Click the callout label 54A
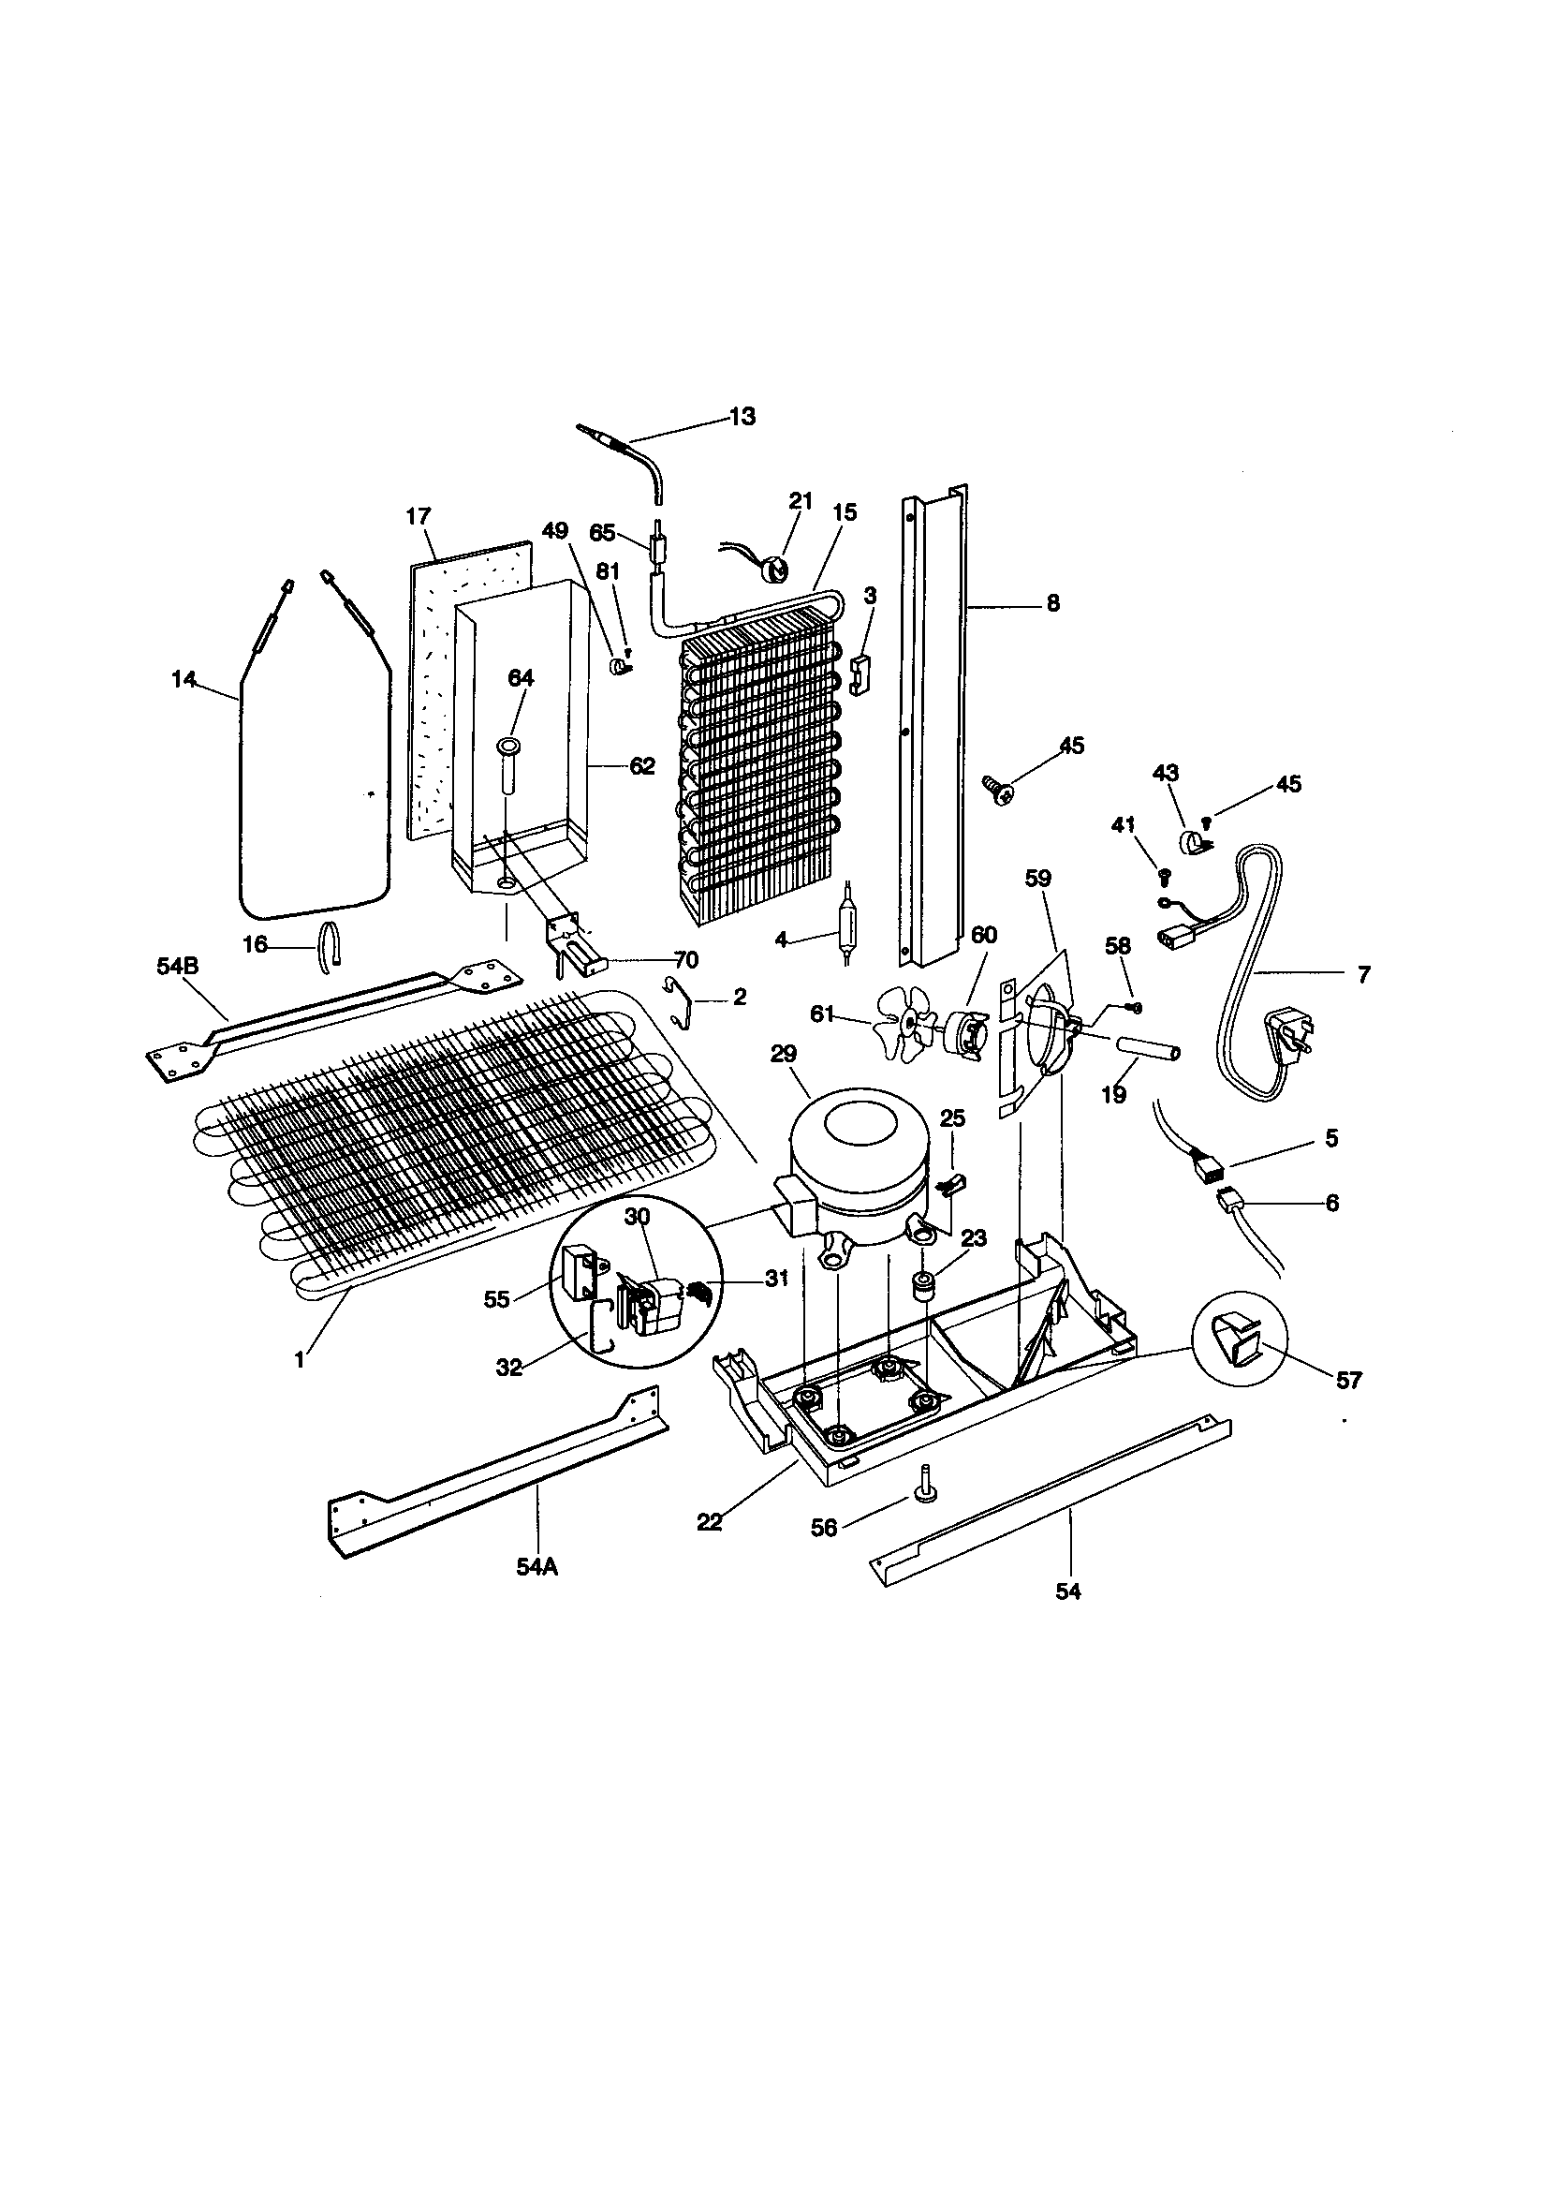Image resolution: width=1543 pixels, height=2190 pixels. pyautogui.click(x=536, y=1566)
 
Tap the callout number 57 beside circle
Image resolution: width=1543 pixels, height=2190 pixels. pyautogui.click(x=1348, y=1380)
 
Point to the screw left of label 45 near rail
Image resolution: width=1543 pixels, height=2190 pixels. pyautogui.click(x=997, y=791)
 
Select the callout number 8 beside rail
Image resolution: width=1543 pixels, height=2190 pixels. pyautogui.click(x=1052, y=603)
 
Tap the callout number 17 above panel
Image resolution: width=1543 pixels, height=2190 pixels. pyautogui.click(x=418, y=517)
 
